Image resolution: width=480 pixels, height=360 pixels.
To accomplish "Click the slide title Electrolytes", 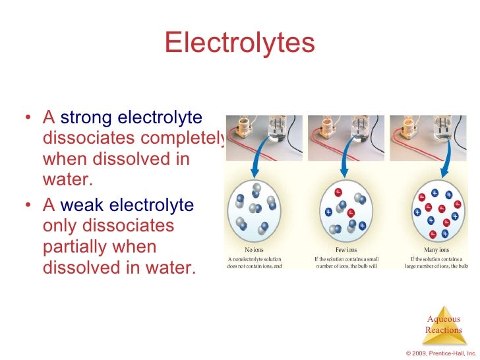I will tap(240, 43).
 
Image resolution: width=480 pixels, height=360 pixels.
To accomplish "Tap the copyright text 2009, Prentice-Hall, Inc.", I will tap(441, 353).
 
